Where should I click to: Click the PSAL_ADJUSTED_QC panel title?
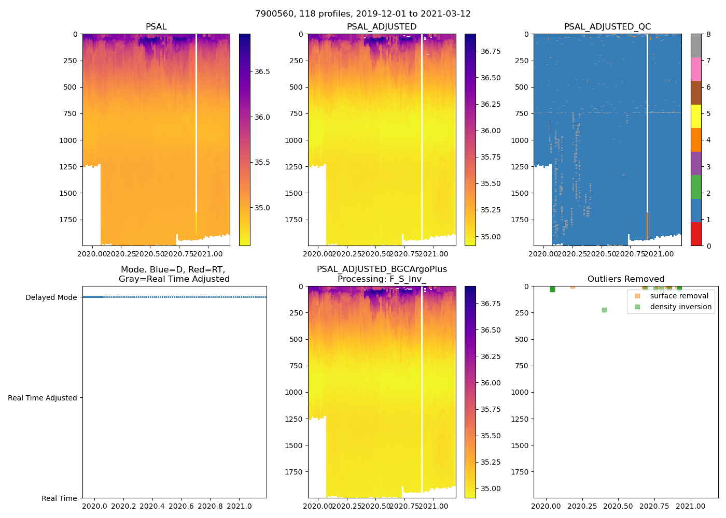[x=607, y=27]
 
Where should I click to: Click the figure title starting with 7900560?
[x=362, y=14]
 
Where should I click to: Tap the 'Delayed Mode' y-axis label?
[x=51, y=297]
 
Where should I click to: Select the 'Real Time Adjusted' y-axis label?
[x=42, y=398]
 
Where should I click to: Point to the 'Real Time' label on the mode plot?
[x=59, y=498]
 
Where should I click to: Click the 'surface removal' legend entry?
[x=679, y=296]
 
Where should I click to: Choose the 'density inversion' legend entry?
[x=680, y=307]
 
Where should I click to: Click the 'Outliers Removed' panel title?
[x=625, y=279]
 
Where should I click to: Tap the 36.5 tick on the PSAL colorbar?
[x=262, y=71]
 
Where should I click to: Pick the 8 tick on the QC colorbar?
[x=708, y=34]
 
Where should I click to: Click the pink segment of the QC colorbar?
[x=696, y=69]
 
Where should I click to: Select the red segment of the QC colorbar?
[x=696, y=234]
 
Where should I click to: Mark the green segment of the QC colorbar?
[x=696, y=186]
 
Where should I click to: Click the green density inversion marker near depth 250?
[x=604, y=310]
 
